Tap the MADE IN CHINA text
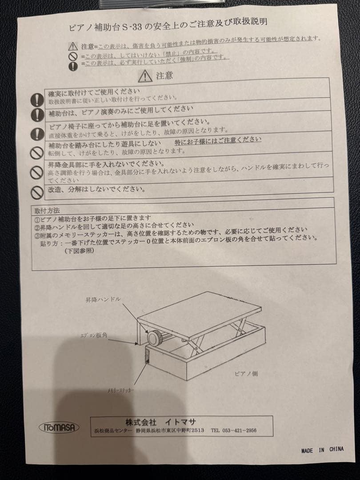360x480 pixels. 322,450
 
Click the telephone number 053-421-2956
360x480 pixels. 233,431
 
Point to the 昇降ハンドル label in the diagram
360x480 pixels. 103,300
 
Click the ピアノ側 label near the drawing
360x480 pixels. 246,374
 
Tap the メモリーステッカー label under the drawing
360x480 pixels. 121,389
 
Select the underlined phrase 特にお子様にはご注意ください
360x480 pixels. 218,140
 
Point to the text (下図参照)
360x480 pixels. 79,251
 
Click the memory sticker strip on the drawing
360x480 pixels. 148,356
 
